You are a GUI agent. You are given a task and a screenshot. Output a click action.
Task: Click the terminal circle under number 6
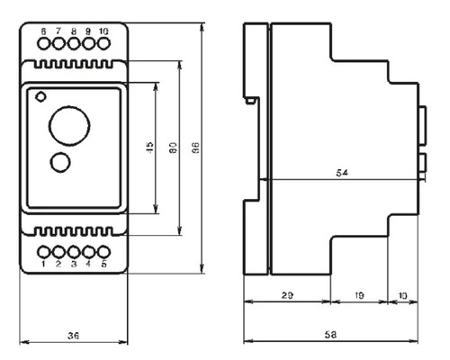pos(43,42)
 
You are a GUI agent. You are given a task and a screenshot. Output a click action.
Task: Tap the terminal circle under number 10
pos(103,42)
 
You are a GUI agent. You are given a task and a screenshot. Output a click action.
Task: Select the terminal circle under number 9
pos(88,42)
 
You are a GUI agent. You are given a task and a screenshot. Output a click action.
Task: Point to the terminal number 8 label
pos(73,31)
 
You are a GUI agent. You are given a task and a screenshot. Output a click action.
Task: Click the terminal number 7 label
pos(58,31)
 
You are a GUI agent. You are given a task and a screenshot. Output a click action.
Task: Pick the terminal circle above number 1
pos(43,252)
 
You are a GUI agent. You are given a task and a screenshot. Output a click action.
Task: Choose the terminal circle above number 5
pos(103,252)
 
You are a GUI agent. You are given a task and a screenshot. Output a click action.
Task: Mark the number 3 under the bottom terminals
pos(73,264)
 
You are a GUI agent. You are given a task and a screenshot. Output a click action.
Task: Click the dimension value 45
pos(150,148)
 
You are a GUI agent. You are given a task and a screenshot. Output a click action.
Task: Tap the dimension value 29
pos(286,295)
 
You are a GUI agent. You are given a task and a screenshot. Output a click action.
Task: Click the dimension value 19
pos(359,295)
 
